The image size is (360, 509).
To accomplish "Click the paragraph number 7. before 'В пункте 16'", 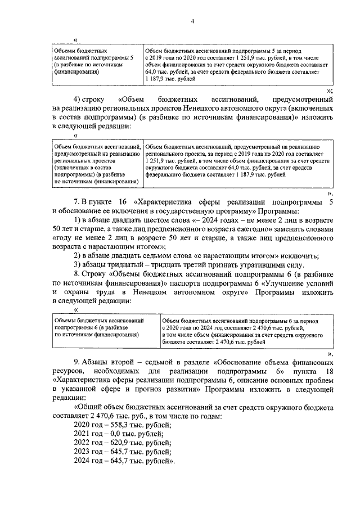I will (x=78, y=201).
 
